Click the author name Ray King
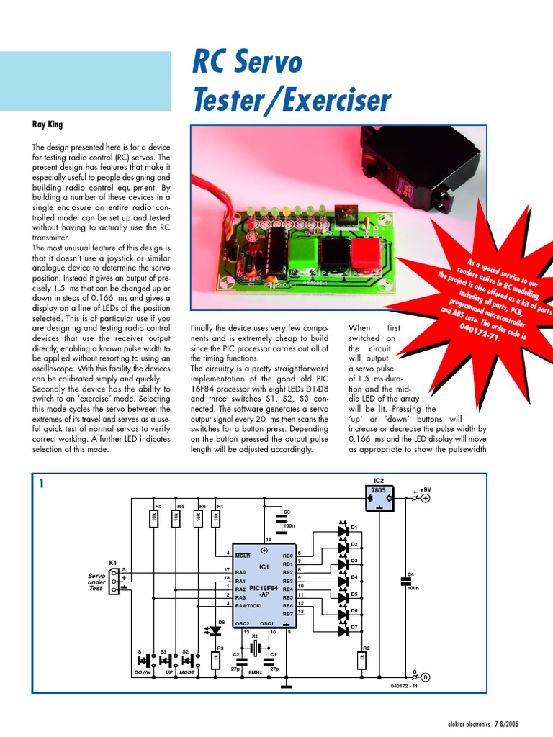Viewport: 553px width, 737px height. [x=48, y=125]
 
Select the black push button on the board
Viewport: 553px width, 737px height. [x=335, y=253]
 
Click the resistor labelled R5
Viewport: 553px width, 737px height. [x=153, y=519]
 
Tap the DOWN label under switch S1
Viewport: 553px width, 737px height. [x=143, y=673]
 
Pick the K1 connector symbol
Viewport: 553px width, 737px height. [x=114, y=581]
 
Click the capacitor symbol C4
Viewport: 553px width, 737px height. [x=404, y=579]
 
